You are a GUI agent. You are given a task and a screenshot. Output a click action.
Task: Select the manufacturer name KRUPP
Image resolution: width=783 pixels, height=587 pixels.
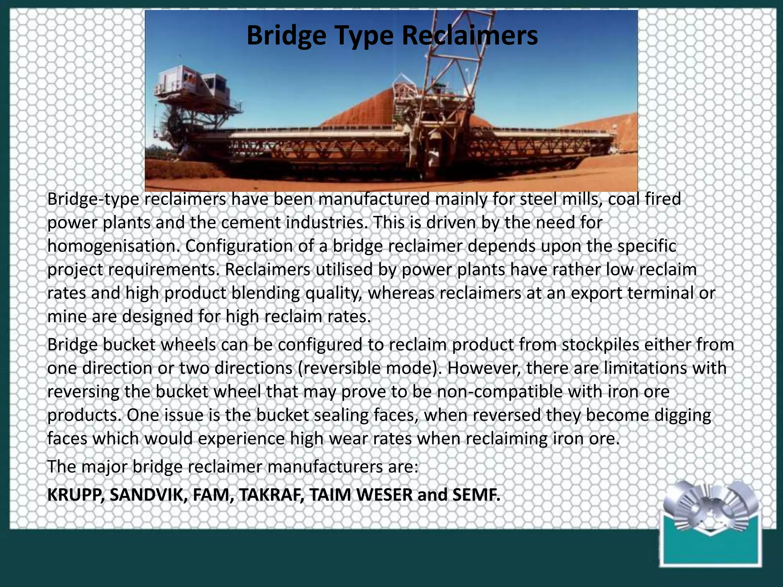click(75, 495)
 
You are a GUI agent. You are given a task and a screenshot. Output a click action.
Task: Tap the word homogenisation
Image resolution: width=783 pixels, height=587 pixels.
click(113, 246)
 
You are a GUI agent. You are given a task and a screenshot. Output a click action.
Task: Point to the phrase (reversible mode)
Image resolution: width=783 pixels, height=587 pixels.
click(367, 368)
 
